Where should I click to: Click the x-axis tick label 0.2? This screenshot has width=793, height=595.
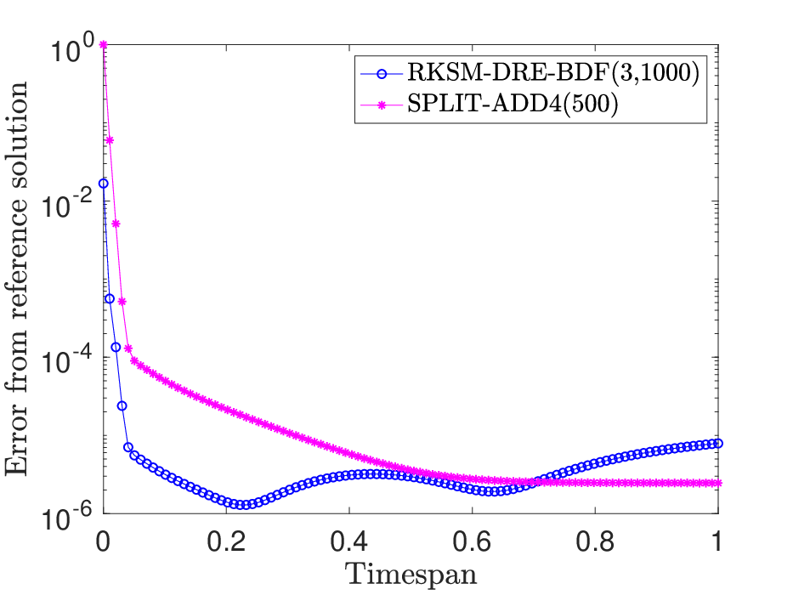[x=226, y=541]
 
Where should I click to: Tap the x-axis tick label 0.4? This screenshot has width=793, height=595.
[x=349, y=541]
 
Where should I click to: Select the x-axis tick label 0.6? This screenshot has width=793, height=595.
[x=472, y=541]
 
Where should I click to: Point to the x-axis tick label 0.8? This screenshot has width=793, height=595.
[x=595, y=541]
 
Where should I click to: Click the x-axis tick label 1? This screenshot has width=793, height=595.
[x=717, y=541]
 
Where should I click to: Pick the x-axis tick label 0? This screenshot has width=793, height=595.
[x=103, y=541]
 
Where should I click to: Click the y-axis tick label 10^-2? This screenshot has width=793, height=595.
[x=65, y=203]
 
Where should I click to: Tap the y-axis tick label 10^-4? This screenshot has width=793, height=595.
[x=65, y=360]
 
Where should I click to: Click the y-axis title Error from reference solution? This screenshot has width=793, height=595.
[x=17, y=279]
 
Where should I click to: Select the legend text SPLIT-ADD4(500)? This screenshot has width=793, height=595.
[x=513, y=105]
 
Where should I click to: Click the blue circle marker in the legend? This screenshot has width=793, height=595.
[x=382, y=74]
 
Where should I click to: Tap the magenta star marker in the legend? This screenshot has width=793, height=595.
[x=382, y=105]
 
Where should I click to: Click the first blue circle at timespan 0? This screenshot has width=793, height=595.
[x=103, y=184]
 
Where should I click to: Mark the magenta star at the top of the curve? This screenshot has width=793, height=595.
[x=104, y=45]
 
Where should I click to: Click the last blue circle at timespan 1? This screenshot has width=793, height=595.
[x=717, y=444]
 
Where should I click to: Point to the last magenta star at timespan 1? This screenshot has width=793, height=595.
[x=717, y=483]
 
